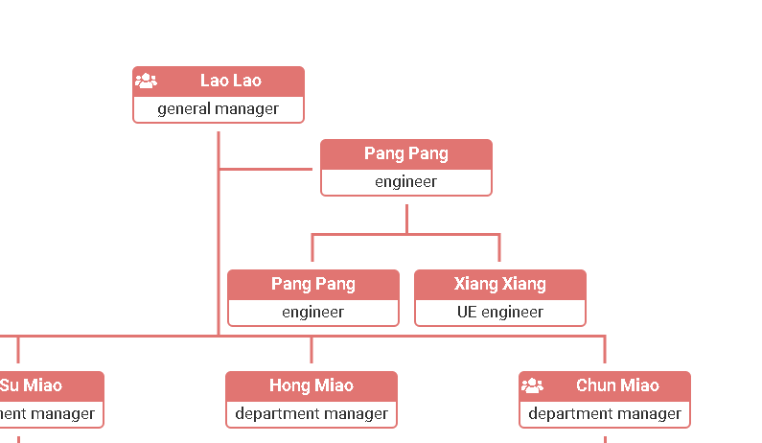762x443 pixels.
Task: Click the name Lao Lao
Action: tap(230, 81)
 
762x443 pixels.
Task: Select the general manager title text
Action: tap(218, 109)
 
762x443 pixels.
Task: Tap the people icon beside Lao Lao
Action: tap(146, 81)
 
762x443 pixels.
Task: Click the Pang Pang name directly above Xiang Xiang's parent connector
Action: tap(405, 153)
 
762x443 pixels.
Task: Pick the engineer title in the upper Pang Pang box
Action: tap(405, 182)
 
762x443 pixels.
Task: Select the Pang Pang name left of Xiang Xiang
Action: tap(312, 284)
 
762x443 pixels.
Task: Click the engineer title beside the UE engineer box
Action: tap(312, 313)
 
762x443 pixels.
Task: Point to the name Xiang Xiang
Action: tap(499, 284)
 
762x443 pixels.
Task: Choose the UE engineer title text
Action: tap(499, 313)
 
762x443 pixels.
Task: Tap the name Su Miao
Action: tap(31, 385)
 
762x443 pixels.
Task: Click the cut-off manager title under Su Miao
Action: tap(48, 414)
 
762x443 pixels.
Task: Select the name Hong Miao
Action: tap(311, 385)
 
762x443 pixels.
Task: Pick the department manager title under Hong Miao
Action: tap(311, 414)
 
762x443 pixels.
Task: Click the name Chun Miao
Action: tap(617, 385)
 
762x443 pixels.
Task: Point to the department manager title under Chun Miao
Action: tap(604, 414)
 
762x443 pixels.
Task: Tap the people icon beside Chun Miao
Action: tap(532, 385)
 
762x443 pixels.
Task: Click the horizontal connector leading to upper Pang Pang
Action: tap(266, 169)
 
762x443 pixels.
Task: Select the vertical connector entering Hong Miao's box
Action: tap(311, 350)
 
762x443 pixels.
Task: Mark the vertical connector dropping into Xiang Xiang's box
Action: tap(499, 247)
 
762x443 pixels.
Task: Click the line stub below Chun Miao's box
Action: tap(604, 438)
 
